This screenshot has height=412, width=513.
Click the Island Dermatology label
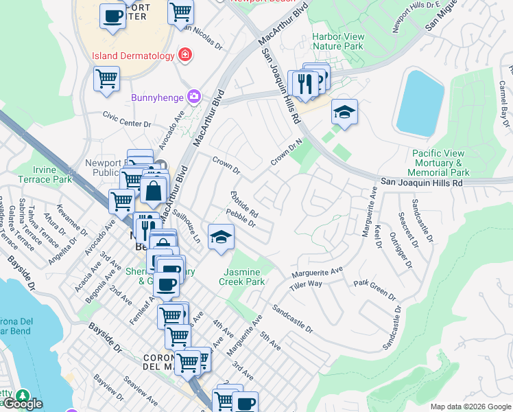[x=132, y=54]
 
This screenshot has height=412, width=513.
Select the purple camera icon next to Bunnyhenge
[x=194, y=96]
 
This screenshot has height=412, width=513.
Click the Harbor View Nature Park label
[x=337, y=41]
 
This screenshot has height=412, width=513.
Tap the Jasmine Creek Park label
[x=242, y=277]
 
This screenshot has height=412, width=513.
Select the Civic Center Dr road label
[x=127, y=119]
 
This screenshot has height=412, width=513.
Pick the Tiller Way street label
[x=306, y=284]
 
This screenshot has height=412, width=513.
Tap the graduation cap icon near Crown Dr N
[x=344, y=111]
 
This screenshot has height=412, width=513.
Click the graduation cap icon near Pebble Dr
[x=220, y=237]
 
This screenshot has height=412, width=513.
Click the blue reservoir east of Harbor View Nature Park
[x=419, y=102]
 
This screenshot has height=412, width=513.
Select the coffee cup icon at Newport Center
[x=112, y=15]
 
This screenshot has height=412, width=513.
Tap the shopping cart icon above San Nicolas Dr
[x=180, y=11]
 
